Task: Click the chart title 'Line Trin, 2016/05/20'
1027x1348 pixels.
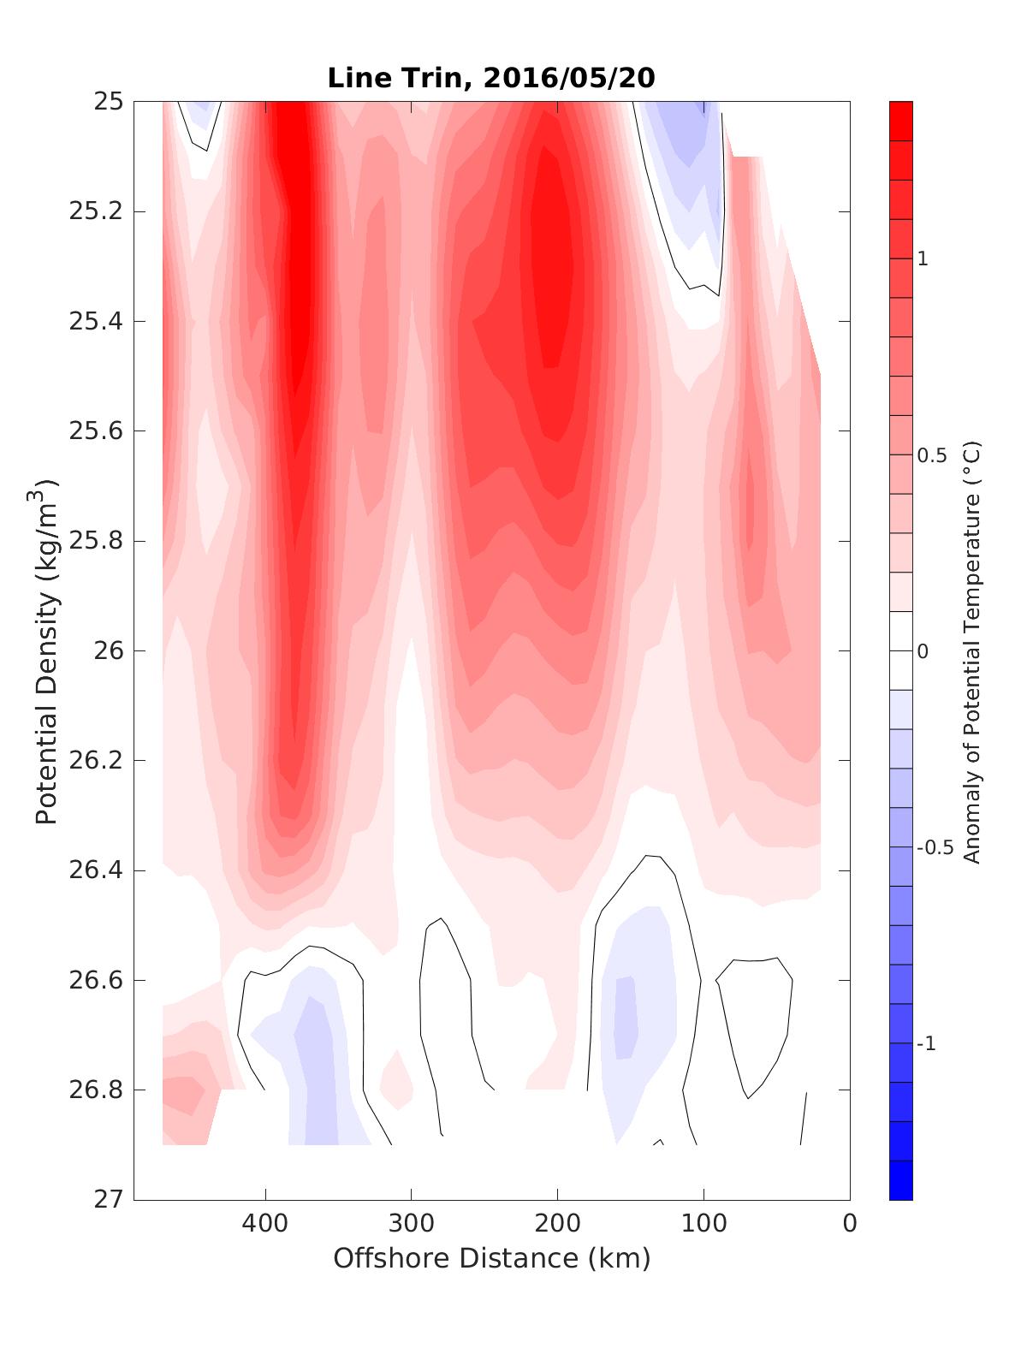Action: pos(491,78)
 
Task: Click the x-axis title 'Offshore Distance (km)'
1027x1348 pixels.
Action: pos(491,1258)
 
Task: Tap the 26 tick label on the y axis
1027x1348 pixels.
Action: pos(108,651)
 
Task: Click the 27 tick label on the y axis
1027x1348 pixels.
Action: pos(108,1200)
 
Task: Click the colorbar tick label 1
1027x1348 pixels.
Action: pos(923,258)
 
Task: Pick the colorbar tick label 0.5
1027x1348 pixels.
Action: pos(932,455)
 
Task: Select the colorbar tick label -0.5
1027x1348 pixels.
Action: pos(935,847)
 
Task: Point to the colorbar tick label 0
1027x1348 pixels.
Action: pos(923,651)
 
